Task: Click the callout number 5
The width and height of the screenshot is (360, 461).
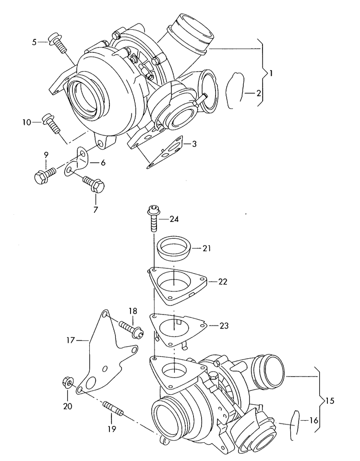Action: click(x=34, y=42)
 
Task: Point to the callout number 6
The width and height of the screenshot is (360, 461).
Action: click(x=103, y=163)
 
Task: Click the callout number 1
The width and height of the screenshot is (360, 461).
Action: click(x=271, y=73)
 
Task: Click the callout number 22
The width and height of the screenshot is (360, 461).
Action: click(x=222, y=281)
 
